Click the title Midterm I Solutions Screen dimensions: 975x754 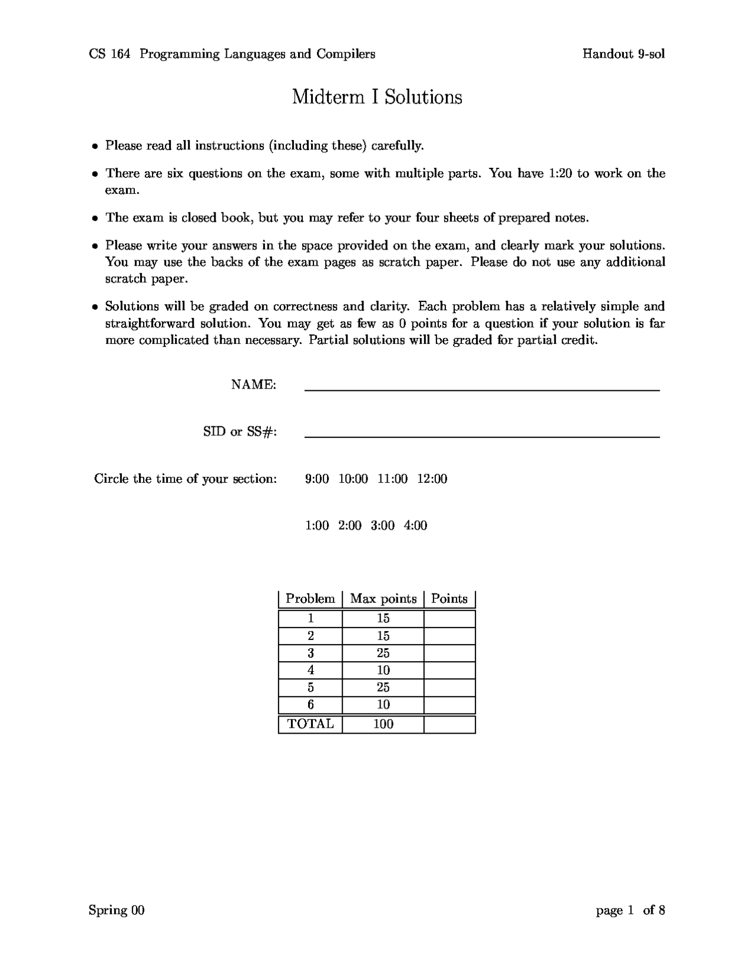[377, 97]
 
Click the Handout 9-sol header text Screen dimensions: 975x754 [623, 54]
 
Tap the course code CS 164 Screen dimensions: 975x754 [110, 54]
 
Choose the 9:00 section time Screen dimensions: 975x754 [317, 479]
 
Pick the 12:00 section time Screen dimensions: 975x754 [432, 479]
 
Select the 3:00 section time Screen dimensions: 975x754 [382, 525]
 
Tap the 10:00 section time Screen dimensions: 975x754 [353, 479]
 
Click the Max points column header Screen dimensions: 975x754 [383, 599]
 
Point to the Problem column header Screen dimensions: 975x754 [310, 599]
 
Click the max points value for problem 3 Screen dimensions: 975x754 [383, 653]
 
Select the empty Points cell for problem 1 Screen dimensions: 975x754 [449, 619]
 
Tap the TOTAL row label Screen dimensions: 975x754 [310, 724]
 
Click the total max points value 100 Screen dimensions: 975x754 [383, 724]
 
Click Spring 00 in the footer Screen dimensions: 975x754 [117, 911]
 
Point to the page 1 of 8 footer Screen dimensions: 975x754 [630, 911]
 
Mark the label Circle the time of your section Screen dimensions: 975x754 [185, 479]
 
